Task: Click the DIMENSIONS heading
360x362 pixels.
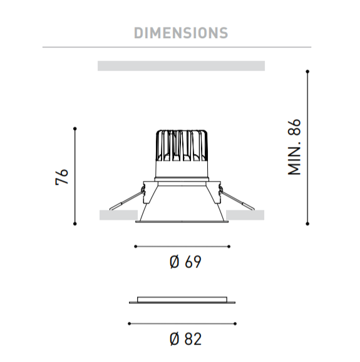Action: click(181, 33)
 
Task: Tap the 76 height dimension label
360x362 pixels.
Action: click(62, 177)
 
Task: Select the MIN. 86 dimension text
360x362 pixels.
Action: click(294, 147)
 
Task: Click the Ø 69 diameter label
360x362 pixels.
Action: click(185, 262)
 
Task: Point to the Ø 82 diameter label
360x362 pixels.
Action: click(185, 339)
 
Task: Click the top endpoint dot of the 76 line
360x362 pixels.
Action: click(75, 128)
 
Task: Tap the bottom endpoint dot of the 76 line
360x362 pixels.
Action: click(75, 224)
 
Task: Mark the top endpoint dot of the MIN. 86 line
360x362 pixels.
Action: click(307, 71)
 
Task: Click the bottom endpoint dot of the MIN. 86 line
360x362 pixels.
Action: click(307, 224)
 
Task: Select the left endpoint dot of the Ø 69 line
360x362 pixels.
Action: click(136, 247)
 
